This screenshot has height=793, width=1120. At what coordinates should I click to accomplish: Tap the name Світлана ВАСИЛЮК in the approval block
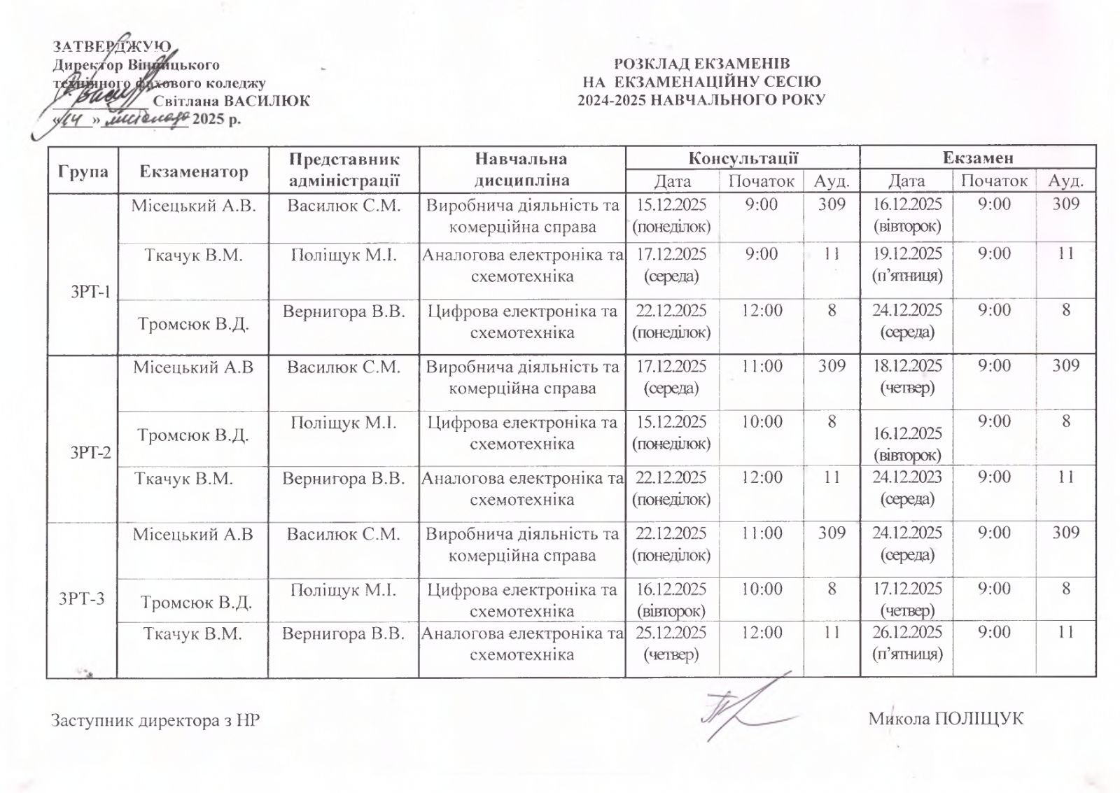[231, 100]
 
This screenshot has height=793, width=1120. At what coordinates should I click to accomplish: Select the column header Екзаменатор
[194, 171]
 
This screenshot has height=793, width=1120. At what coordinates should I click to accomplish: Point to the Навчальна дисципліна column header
[521, 170]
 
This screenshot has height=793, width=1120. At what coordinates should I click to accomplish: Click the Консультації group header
[743, 158]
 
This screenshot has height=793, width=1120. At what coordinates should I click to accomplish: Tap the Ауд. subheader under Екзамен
[1065, 181]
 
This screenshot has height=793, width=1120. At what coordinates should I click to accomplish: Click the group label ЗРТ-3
[83, 598]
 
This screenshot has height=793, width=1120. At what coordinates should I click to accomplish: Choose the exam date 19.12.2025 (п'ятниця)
[907, 264]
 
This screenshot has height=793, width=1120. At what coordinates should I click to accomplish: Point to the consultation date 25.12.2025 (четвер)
[671, 643]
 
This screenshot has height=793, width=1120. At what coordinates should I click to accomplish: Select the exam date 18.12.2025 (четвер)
[907, 376]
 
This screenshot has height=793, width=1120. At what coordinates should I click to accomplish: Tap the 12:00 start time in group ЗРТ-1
[762, 310]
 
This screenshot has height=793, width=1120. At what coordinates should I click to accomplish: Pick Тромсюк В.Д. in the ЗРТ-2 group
[193, 435]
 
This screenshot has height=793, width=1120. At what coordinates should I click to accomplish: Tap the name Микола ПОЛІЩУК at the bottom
[946, 718]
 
